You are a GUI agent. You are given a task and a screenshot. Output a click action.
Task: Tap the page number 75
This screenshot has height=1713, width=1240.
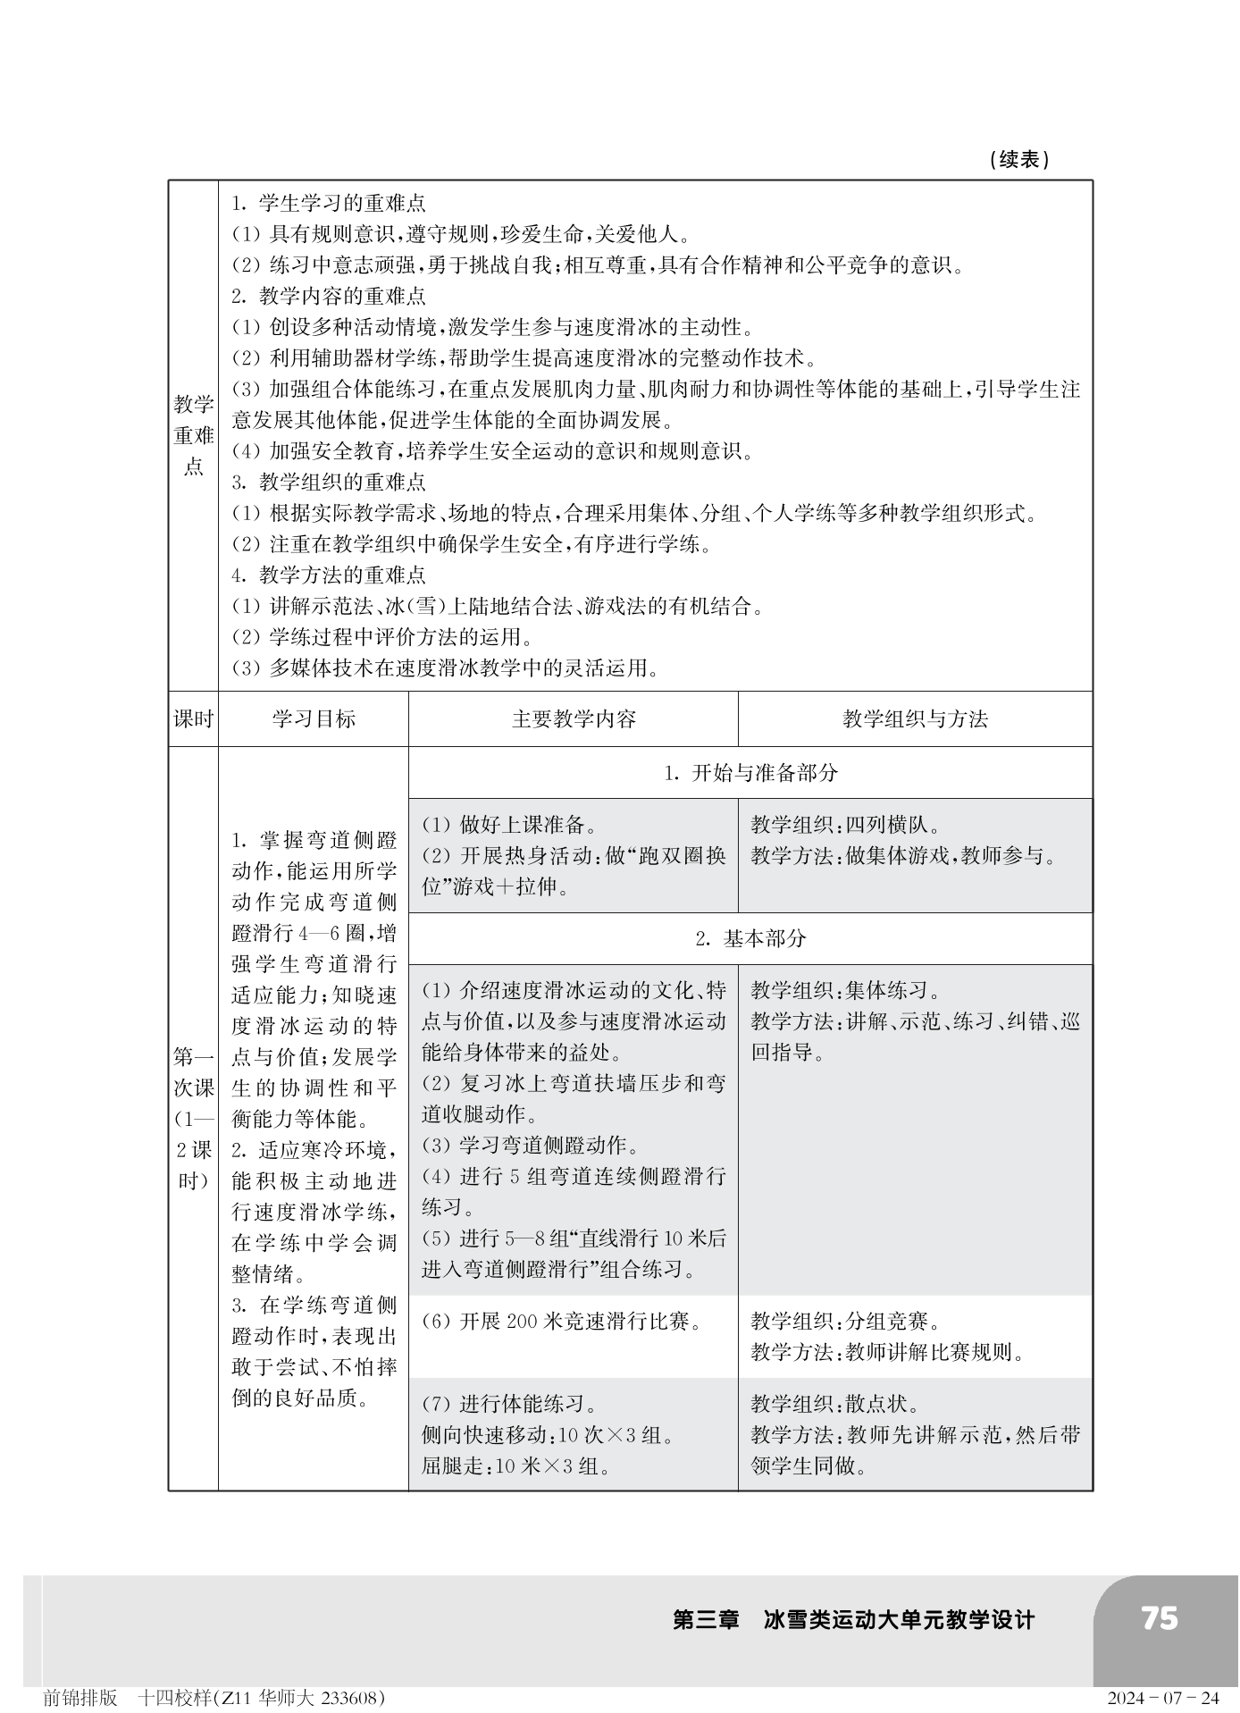pos(1159,1618)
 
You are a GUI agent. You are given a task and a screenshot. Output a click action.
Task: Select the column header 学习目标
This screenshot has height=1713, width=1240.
pos(314,719)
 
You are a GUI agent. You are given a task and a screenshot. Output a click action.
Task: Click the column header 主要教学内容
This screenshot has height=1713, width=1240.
pos(574,719)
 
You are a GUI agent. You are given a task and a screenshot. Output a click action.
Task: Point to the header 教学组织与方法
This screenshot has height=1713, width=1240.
pos(915,719)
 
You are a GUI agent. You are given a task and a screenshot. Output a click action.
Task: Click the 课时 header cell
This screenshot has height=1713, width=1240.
pos(194,719)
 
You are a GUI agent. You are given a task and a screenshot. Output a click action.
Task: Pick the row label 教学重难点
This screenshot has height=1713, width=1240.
pos(194,435)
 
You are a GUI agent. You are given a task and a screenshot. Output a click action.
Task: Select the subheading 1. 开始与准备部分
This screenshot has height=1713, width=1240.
pos(750,773)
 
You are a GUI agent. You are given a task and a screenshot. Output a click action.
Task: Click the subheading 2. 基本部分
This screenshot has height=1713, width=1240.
pos(750,938)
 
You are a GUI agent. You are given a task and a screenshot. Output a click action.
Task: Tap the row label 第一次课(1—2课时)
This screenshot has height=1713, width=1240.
pos(194,1119)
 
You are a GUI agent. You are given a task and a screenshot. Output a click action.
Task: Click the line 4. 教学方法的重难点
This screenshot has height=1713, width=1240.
pos(329,575)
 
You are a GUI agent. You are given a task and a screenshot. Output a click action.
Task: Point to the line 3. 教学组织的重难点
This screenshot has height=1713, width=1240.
pos(329,482)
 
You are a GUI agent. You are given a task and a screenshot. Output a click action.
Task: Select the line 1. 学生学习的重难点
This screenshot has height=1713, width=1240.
pos(329,203)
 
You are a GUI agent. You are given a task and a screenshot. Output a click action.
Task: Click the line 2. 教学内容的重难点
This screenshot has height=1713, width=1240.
pos(329,296)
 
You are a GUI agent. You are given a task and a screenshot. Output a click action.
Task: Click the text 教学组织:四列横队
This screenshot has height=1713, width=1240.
pos(844,825)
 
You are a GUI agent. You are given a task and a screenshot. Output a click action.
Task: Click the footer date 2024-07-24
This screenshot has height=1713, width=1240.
pos(1162,1697)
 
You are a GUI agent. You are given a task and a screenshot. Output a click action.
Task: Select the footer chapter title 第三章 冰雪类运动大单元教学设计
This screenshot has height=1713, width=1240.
pos(853,1619)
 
